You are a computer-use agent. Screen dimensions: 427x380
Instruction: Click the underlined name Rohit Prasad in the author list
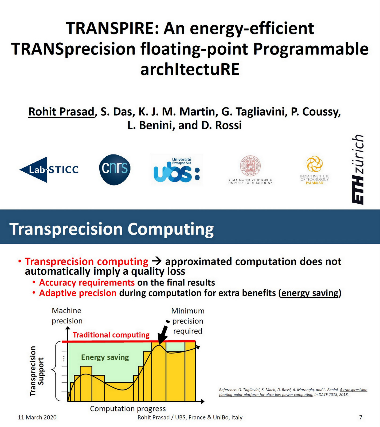click(61, 112)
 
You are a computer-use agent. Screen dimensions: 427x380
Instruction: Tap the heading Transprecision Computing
click(112, 229)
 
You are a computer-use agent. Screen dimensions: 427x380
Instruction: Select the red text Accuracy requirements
click(87, 282)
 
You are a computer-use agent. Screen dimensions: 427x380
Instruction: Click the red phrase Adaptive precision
click(78, 293)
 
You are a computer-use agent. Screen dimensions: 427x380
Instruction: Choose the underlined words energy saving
click(310, 293)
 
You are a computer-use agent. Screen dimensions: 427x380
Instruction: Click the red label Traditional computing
click(111, 335)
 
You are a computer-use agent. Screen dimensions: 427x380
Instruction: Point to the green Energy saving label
click(105, 357)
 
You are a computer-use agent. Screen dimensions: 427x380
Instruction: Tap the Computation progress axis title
click(128, 409)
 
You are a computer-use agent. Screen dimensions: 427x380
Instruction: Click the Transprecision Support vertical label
click(37, 371)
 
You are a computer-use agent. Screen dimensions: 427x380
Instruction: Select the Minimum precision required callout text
click(188, 321)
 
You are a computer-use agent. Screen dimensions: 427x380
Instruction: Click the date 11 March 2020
click(37, 417)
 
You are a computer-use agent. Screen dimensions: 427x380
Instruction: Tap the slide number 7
click(361, 417)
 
